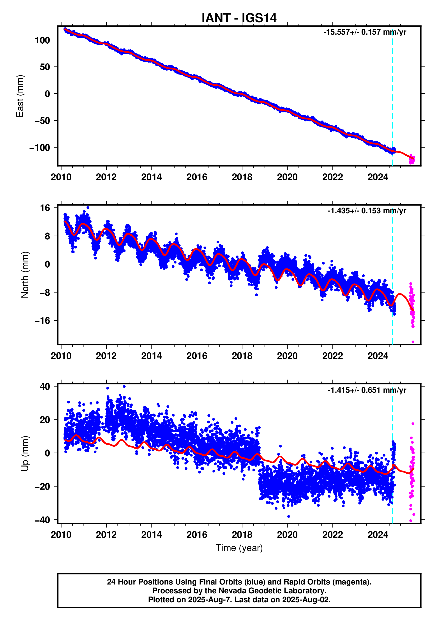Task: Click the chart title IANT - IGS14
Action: (239, 18)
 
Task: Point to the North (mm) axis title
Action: (25, 275)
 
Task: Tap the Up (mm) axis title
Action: (25, 453)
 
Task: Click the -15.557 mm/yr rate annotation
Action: (364, 32)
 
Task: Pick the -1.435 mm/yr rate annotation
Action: (367, 211)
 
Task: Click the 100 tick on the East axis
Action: (42, 40)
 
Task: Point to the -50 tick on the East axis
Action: (42, 121)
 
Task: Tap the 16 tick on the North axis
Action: (45, 208)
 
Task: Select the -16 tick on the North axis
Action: (42, 321)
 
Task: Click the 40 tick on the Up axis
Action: (45, 387)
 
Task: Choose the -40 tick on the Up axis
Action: (42, 520)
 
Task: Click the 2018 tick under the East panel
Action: (242, 177)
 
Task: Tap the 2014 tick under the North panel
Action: (152, 356)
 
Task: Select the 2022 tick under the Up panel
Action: (332, 535)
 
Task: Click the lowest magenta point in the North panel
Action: (413, 342)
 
